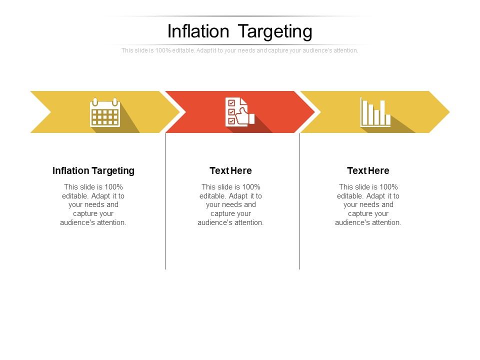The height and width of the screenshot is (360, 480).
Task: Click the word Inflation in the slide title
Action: (x=198, y=31)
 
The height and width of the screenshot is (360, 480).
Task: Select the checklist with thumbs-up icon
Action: (x=239, y=112)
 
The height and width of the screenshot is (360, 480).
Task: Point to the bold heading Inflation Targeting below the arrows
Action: (x=93, y=171)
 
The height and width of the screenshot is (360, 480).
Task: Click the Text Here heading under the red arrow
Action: (x=230, y=171)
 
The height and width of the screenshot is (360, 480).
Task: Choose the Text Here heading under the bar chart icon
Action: (x=368, y=171)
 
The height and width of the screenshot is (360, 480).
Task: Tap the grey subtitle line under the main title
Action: (x=239, y=50)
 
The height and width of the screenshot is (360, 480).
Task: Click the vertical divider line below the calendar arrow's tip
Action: (x=165, y=200)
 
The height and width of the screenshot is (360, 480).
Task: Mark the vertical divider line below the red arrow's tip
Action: (x=299, y=200)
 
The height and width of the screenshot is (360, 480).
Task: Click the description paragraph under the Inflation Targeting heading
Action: (x=93, y=204)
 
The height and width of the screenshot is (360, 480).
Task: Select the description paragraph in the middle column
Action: (x=230, y=204)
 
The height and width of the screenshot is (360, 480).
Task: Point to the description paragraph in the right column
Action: (x=368, y=204)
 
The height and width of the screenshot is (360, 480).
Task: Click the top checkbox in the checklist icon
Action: (x=231, y=103)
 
